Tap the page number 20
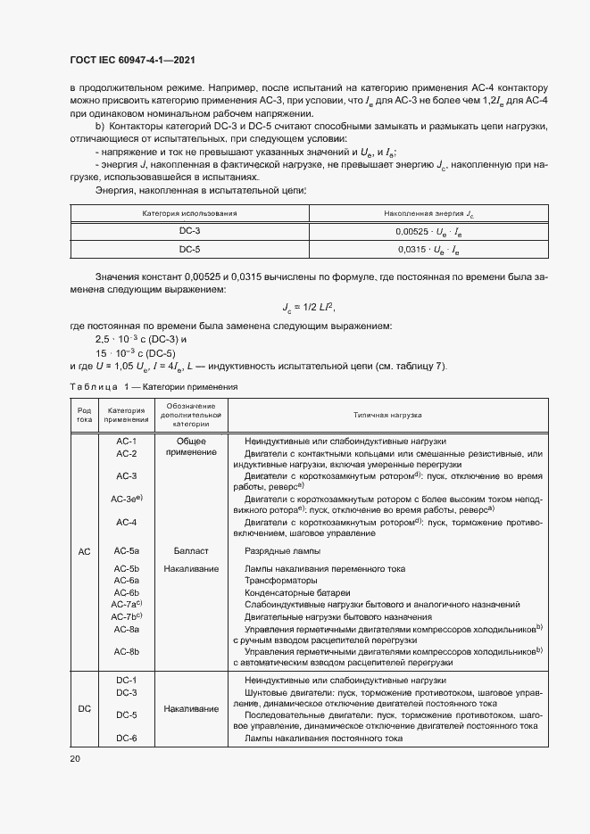[x=74, y=758]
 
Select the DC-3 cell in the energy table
[x=189, y=231]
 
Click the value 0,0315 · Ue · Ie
[x=428, y=250]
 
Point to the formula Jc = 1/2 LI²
[x=308, y=307]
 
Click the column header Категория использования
[x=189, y=213]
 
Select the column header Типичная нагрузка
[x=386, y=415]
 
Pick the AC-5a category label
[x=126, y=551]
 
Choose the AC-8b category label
[x=126, y=652]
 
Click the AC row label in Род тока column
[x=84, y=552]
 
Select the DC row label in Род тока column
[x=84, y=709]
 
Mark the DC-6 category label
[x=126, y=739]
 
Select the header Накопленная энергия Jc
[x=428, y=213]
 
